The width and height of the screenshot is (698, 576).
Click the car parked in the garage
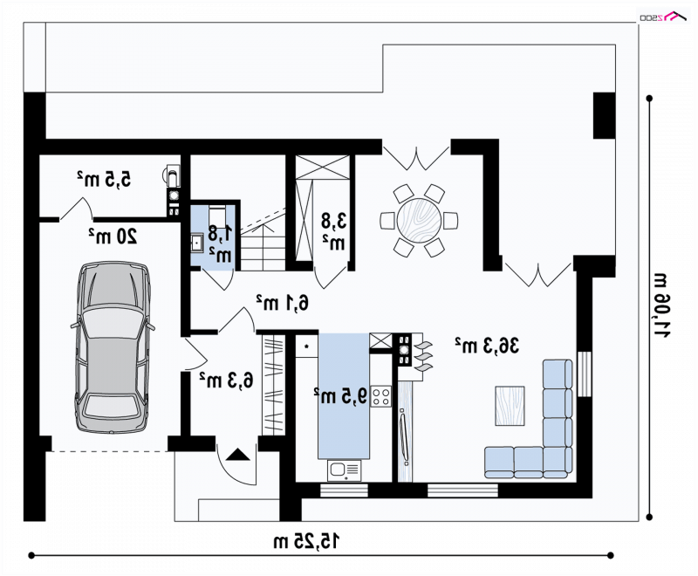(113, 347)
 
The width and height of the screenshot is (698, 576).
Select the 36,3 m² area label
(487, 346)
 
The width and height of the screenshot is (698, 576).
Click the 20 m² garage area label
(113, 236)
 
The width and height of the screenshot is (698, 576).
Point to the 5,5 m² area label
(104, 179)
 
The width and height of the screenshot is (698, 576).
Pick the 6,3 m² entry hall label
(226, 381)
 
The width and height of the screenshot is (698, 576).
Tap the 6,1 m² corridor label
(282, 303)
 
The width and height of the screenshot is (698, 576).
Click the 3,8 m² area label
(334, 231)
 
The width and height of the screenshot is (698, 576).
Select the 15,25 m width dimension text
(306, 541)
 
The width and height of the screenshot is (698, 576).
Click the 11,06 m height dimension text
(661, 305)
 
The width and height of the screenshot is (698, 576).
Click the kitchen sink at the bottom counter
(344, 470)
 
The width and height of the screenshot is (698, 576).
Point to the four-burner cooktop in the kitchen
(381, 396)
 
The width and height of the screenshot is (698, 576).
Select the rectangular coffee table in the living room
(510, 406)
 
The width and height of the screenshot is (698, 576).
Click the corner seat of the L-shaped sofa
(558, 462)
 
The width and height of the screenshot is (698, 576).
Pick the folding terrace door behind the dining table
(416, 158)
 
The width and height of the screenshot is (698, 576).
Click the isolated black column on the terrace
(604, 116)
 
